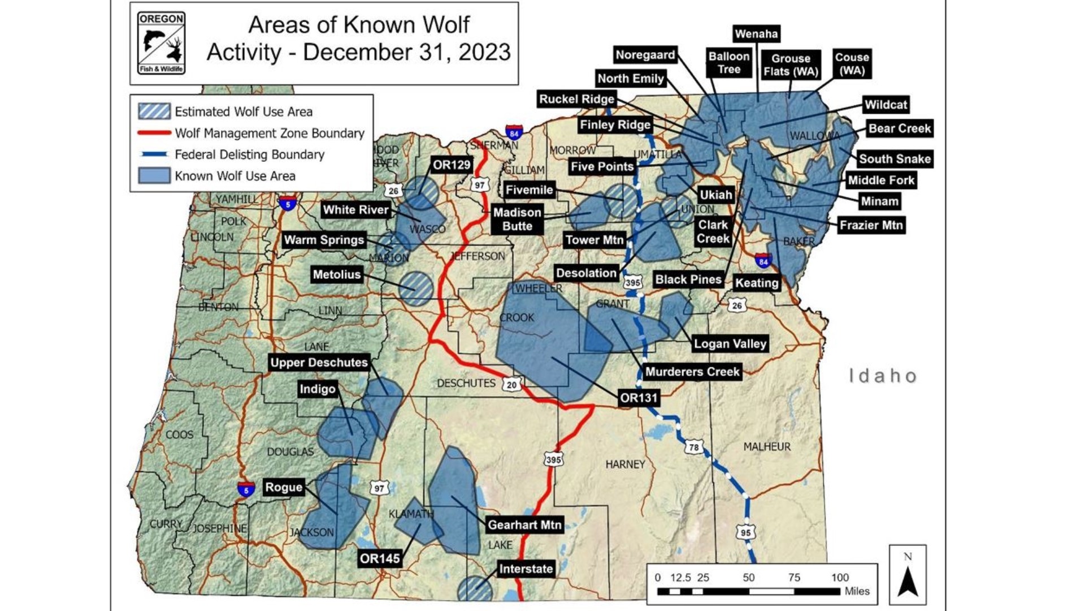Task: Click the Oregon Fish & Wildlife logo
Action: (x=161, y=44)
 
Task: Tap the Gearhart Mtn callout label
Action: (x=524, y=525)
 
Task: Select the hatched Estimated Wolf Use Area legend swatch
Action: (x=154, y=111)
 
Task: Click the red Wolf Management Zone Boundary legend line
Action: (x=154, y=133)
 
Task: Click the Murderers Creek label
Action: (x=692, y=372)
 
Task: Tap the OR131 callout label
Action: (x=639, y=398)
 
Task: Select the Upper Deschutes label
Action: (x=319, y=363)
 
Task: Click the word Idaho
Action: (x=883, y=376)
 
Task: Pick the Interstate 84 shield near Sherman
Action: (x=514, y=133)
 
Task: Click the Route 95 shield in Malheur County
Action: (x=746, y=532)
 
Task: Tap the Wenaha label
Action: (x=756, y=34)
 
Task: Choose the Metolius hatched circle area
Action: (x=416, y=289)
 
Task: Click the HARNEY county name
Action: (x=625, y=464)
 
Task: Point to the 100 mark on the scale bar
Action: (x=840, y=578)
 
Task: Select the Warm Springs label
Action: (x=324, y=240)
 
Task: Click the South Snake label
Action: (x=895, y=159)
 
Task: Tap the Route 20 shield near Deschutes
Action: (x=511, y=385)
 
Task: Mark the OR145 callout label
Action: (x=380, y=559)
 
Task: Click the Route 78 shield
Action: (x=694, y=447)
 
